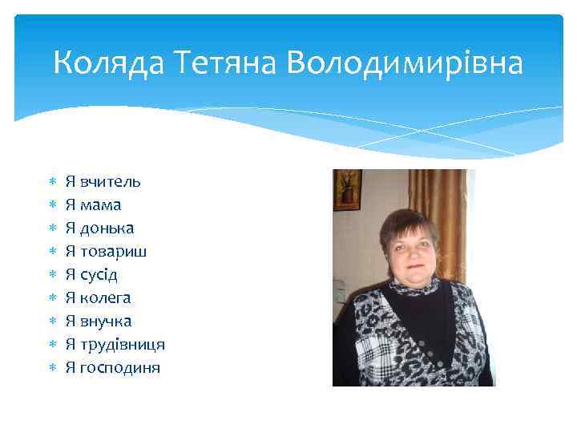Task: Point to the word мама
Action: click(x=100, y=205)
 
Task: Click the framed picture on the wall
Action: click(x=347, y=189)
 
